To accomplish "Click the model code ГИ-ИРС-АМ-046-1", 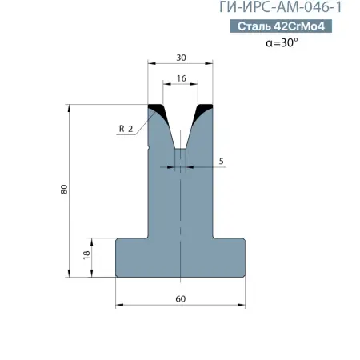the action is tap(280, 7).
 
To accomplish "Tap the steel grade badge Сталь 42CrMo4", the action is tap(281, 26).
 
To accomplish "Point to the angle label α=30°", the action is tap(282, 42).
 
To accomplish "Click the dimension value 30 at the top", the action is tap(181, 58).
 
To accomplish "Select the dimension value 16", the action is tap(182, 78).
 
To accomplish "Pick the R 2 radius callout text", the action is tap(126, 129).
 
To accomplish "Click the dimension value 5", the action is tap(221, 161).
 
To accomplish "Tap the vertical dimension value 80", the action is tap(64, 190).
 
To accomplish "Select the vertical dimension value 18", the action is tap(86, 255).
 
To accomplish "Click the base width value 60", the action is tap(181, 299).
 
